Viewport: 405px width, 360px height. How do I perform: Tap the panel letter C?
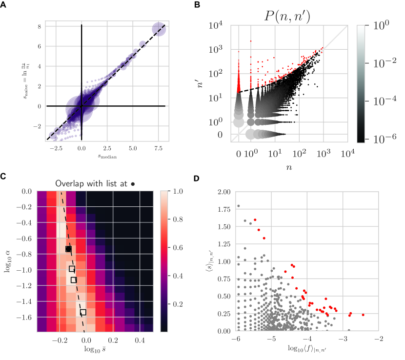click(3, 177)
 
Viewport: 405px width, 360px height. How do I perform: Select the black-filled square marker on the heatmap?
click(69, 249)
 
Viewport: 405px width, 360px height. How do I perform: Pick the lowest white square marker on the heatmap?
click(83, 312)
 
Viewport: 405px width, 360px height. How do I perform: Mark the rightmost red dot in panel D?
click(363, 315)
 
